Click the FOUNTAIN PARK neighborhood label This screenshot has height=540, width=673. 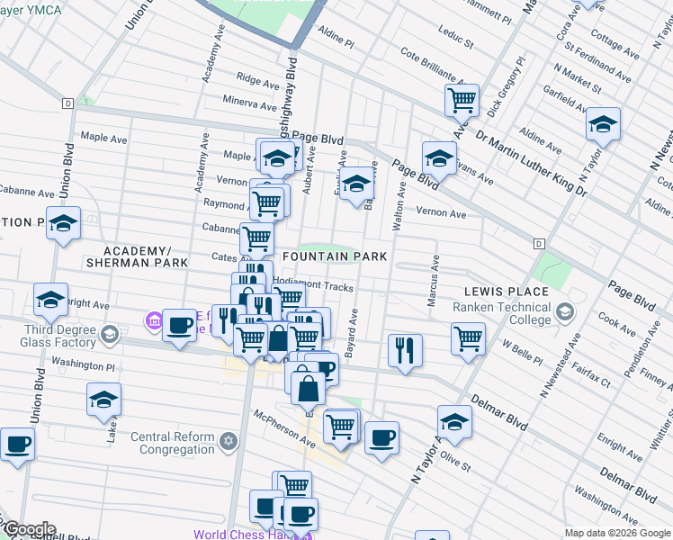coord(335,256)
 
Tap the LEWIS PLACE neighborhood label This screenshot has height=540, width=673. coord(506,292)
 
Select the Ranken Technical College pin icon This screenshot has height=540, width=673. coord(565,312)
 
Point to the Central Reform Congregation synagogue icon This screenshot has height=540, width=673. coord(229,441)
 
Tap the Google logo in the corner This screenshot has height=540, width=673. coord(29,529)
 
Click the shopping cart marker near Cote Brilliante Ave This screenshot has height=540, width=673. coord(462,101)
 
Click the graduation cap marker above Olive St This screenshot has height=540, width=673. coord(454,422)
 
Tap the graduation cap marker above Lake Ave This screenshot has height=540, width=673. coord(103,399)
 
